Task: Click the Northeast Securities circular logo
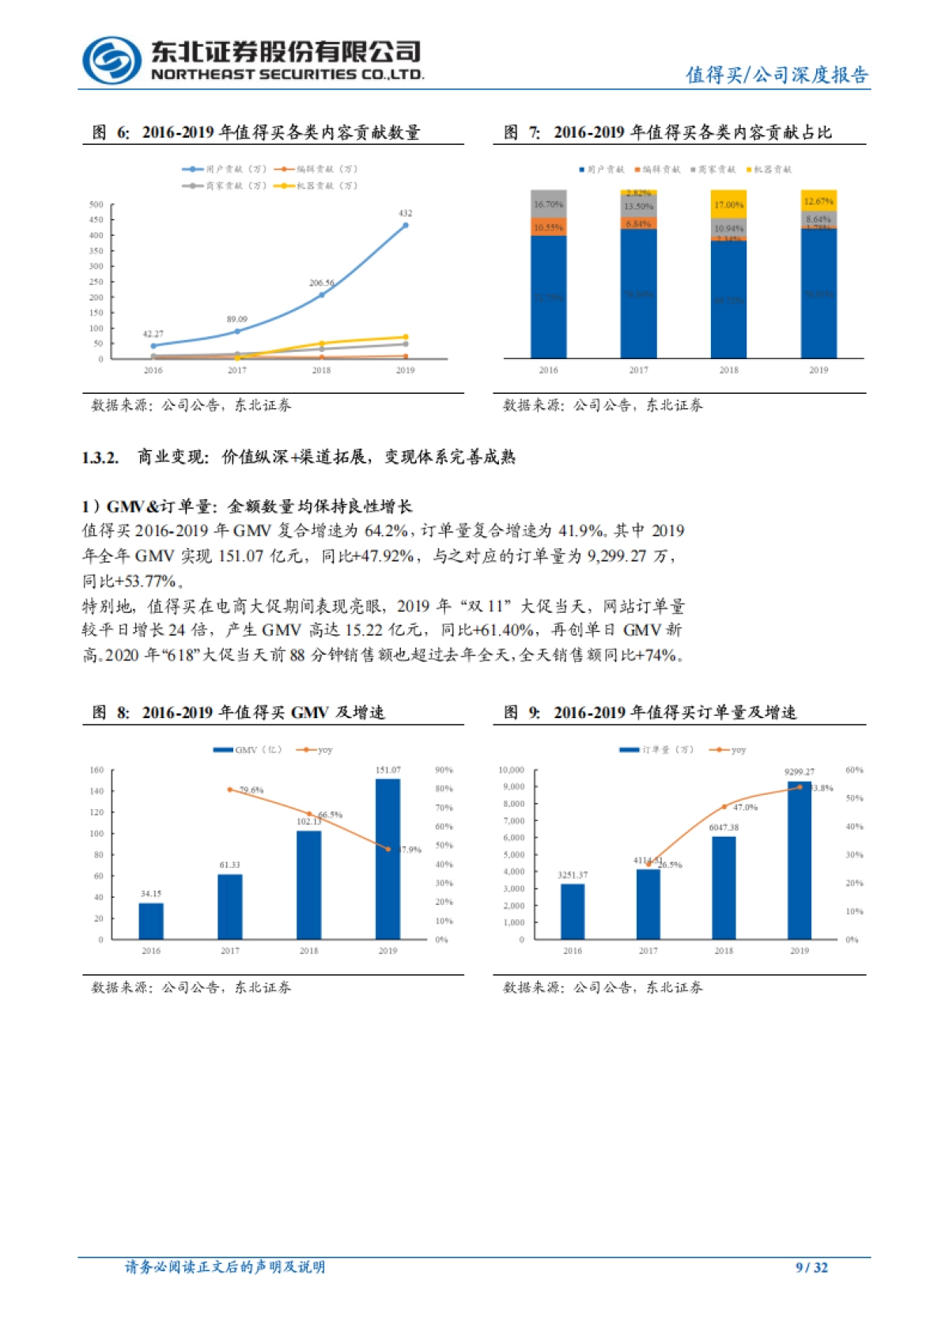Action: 112,60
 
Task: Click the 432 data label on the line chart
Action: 405,213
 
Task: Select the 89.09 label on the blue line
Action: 236,319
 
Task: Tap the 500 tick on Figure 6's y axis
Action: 96,204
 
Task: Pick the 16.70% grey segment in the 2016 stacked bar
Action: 548,204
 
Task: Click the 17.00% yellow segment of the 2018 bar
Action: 728,205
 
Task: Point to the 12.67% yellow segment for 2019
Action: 819,201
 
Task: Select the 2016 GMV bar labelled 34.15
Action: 151,921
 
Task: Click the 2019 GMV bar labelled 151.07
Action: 388,859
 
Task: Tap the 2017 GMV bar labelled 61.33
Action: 230,906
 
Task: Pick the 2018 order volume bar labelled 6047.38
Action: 724,887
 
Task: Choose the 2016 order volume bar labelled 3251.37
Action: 573,911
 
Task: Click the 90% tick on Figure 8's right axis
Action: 444,770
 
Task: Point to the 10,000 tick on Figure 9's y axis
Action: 511,770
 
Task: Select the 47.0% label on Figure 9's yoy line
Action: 745,808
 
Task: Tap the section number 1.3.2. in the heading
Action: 100,457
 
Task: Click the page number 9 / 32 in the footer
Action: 811,1267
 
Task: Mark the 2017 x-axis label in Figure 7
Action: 638,369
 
